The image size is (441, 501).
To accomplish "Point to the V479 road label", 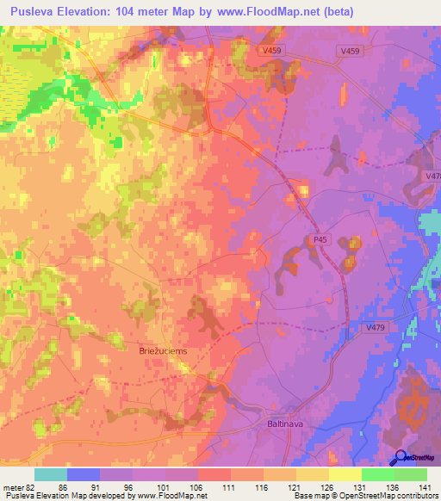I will pos(376,327).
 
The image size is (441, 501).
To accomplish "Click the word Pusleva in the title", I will pos(36,12).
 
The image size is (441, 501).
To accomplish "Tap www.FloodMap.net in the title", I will pos(279,12).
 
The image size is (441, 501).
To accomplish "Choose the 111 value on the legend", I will pos(227,487).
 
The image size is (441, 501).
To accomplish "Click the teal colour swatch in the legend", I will pos(51,474).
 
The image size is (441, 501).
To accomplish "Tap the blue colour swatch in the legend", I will pos(84,474).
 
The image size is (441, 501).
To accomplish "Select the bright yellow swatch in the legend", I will pos(345,474).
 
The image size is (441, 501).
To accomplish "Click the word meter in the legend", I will pos(14,487).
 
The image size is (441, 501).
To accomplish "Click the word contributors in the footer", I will pos(417,496).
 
